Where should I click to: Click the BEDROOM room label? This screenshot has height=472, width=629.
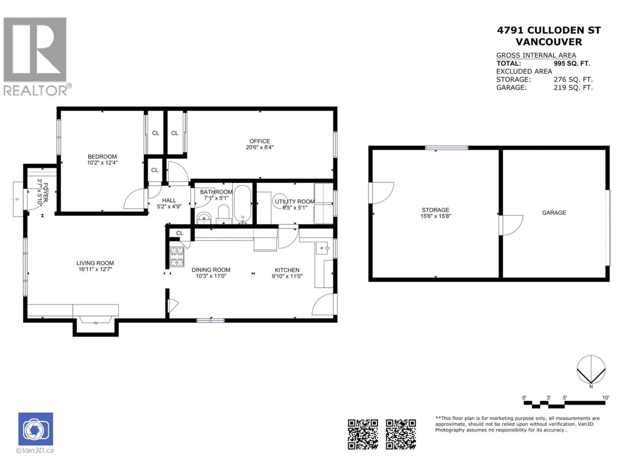[102, 157]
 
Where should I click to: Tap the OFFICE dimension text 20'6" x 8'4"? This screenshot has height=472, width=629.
[260, 147]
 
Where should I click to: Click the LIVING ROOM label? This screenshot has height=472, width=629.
[95, 263]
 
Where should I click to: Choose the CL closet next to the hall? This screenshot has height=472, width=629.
[155, 170]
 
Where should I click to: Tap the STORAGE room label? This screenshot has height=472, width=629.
[435, 210]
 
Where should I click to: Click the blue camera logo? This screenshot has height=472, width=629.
[36, 429]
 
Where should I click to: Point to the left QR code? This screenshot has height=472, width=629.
[363, 434]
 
